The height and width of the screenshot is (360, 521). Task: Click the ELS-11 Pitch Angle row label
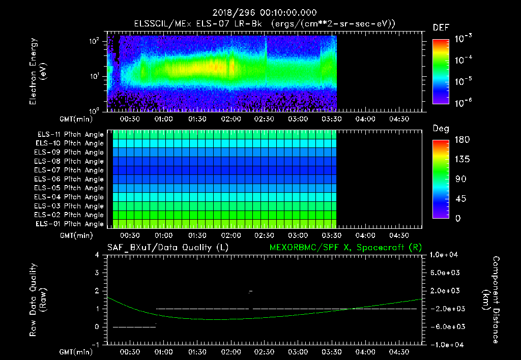coord(70,134)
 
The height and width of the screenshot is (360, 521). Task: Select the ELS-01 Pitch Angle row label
coord(70,224)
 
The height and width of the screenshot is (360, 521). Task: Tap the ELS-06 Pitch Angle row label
coord(70,179)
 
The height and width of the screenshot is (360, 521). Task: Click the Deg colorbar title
coord(441,129)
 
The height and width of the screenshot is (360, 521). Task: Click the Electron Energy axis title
coord(38,71)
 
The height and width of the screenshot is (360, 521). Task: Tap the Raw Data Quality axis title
coord(38,300)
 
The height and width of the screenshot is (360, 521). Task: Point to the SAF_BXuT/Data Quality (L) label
coord(167,247)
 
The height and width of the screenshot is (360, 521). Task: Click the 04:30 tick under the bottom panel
coord(399,352)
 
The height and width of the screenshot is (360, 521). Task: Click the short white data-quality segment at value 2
coord(250,291)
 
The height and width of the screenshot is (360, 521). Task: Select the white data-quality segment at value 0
coord(134,327)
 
